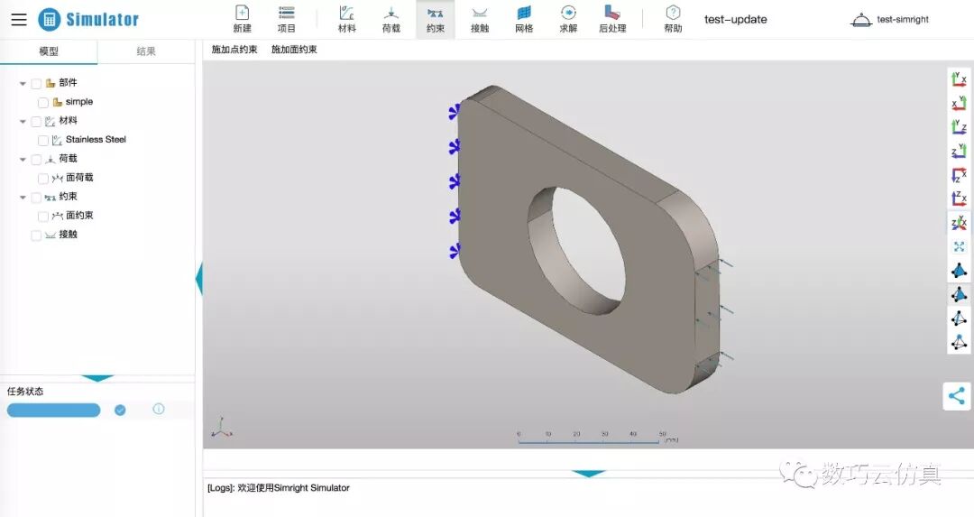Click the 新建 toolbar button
[242, 18]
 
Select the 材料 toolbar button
[346, 18]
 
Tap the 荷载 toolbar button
[391, 18]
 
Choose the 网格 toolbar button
[524, 18]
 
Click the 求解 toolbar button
[568, 18]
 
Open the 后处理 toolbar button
[612, 18]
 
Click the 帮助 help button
[673, 18]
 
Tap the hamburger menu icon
[19, 19]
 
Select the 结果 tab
[146, 51]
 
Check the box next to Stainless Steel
[43, 140]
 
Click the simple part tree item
[78, 102]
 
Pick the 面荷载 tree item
[79, 178]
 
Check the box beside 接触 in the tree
[36, 235]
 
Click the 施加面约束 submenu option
[294, 50]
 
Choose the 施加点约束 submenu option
[234, 50]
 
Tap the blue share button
[957, 395]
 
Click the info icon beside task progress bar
[159, 409]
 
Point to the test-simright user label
[902, 19]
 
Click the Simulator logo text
[102, 19]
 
